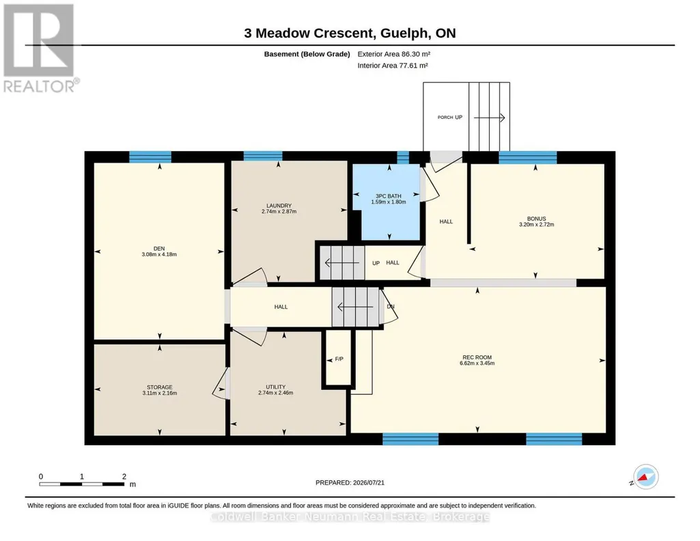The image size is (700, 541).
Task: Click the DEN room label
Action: (x=159, y=249)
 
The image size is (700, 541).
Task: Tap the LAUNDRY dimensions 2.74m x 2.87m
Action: (x=279, y=212)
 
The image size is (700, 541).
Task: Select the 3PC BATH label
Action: (x=389, y=196)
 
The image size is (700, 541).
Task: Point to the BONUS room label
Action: (x=536, y=219)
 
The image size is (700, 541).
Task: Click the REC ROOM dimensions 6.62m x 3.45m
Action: (x=477, y=363)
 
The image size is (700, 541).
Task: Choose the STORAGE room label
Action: (x=159, y=387)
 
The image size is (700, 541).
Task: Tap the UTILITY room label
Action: (x=275, y=387)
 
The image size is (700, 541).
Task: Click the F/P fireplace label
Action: (x=339, y=359)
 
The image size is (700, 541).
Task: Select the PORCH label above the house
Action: (x=445, y=117)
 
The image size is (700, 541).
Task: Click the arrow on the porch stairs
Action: (x=489, y=118)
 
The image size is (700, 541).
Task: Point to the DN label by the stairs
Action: (x=391, y=307)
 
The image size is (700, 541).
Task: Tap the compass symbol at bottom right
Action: (x=645, y=477)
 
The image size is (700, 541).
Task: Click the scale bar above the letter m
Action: (x=82, y=484)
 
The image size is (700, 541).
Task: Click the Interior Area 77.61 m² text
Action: (x=393, y=66)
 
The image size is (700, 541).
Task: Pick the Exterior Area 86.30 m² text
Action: (x=394, y=54)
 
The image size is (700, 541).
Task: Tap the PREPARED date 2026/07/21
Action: (x=368, y=482)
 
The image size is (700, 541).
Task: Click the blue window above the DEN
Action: (x=150, y=156)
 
